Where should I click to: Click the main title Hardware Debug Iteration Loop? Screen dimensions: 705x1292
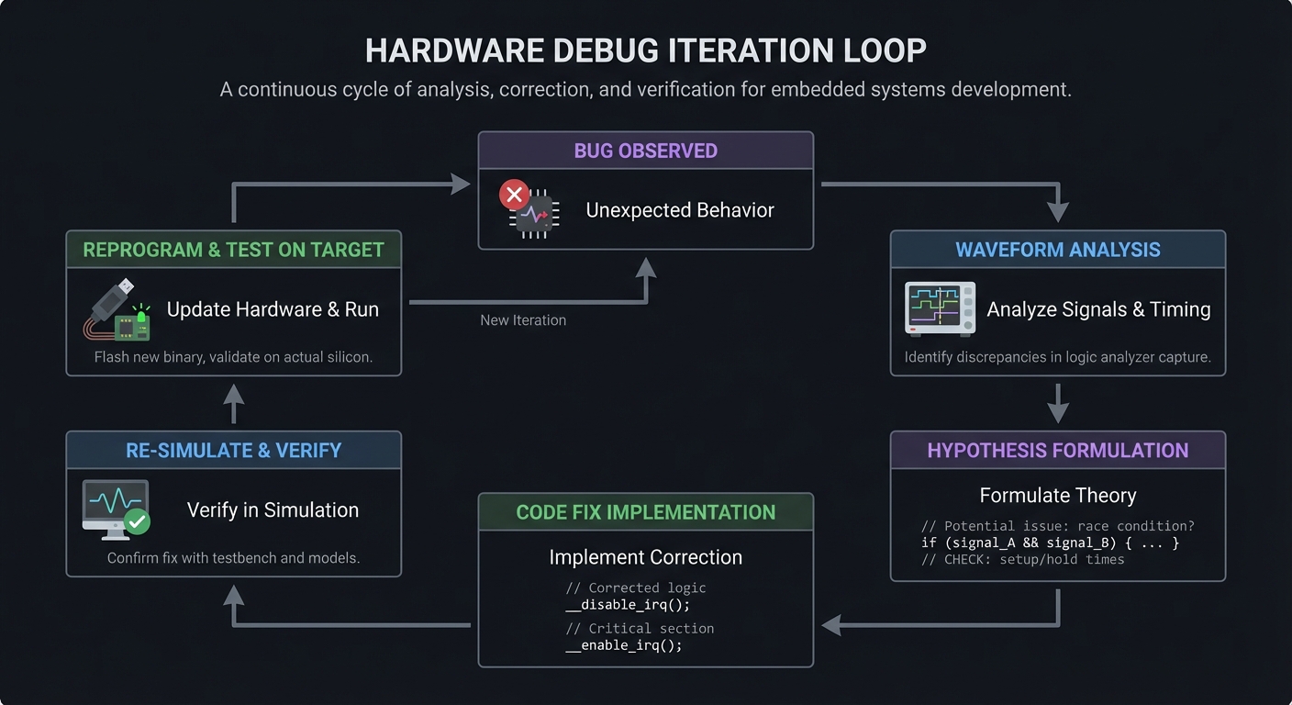coord(645,50)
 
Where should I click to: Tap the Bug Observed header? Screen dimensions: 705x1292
coord(645,151)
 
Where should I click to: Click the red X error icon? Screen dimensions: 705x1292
coord(514,195)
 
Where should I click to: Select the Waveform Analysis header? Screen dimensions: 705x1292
coord(1057,250)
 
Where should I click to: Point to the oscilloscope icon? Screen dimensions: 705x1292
coord(939,308)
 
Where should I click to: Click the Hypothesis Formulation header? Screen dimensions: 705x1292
coord(1057,451)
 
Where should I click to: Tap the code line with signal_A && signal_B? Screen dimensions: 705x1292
coord(1050,543)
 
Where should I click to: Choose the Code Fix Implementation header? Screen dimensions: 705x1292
coord(645,512)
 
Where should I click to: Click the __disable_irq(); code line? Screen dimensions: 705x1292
coord(627,605)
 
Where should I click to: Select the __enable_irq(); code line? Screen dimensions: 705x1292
coord(623,645)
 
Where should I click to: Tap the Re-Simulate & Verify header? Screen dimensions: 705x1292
coord(233,451)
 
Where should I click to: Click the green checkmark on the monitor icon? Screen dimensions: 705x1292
coord(138,521)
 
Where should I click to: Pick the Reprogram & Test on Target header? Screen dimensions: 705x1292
coord(233,250)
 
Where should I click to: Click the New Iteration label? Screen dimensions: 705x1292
coord(523,320)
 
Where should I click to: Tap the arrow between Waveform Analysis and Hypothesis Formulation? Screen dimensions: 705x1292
coord(1057,403)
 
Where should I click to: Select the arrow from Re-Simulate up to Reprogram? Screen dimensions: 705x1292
coord(233,403)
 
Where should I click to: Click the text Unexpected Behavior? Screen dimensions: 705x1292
coord(680,210)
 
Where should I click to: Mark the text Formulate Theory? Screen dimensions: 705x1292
coord(1057,496)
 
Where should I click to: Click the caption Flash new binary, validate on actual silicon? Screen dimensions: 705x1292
coord(233,357)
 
